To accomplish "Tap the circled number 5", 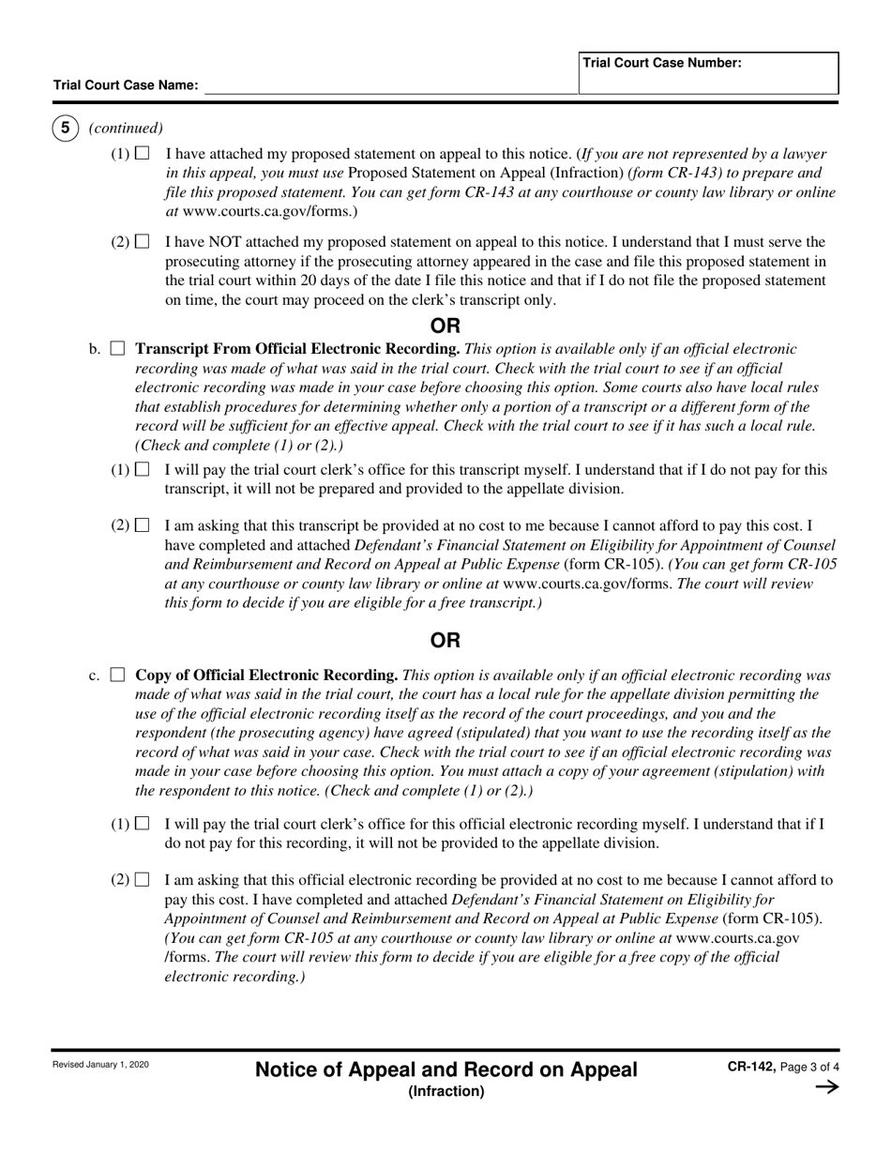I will (x=65, y=129).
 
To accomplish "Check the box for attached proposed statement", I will (x=143, y=153).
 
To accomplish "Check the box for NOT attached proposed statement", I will (x=143, y=242).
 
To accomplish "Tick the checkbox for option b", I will (x=117, y=349).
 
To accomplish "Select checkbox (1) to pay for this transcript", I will (x=143, y=469).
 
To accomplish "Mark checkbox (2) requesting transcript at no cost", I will (x=143, y=525).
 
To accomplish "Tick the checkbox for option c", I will (x=117, y=675).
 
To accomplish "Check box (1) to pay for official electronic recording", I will (x=143, y=824).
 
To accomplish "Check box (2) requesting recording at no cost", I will (x=143, y=880).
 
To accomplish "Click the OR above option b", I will (x=445, y=326).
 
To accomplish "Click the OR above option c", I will (x=445, y=641).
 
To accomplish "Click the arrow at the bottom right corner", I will (x=826, y=1087).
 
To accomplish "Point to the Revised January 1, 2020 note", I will (x=100, y=1065).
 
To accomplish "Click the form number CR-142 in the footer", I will (x=749, y=1067).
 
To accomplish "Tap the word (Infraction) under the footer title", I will (x=445, y=1091).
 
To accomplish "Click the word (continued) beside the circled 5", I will (x=126, y=129).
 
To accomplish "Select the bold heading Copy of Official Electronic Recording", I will (x=267, y=676).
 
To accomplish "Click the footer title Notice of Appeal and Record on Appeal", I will (x=445, y=1070).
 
